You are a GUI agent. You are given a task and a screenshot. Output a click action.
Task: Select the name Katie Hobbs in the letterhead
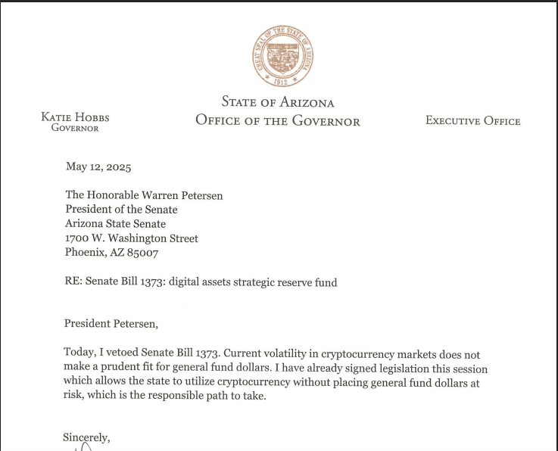(75, 117)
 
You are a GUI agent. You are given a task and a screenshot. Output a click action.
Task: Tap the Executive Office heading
(472, 120)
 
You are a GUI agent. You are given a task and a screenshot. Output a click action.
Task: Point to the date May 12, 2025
(98, 166)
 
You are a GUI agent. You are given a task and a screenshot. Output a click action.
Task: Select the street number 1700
(76, 238)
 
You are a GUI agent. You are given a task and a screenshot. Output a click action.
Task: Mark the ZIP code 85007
(143, 253)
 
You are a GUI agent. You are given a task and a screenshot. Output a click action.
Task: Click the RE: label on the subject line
(73, 282)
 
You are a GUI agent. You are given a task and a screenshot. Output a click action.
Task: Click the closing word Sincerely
(86, 437)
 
